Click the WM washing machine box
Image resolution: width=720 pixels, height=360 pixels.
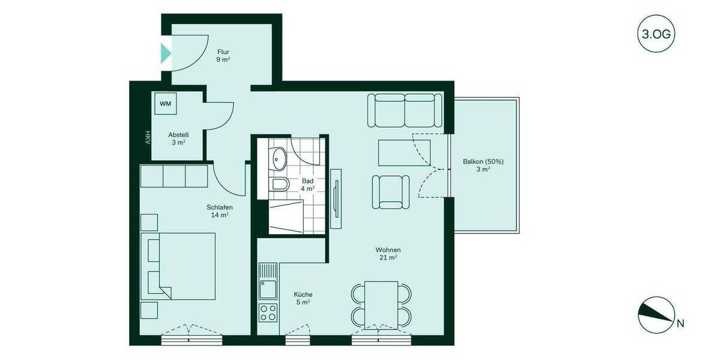pyautogui.click(x=165, y=104)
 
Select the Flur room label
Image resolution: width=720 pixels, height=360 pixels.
pyautogui.click(x=223, y=56)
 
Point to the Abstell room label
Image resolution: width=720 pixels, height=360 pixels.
pyautogui.click(x=179, y=139)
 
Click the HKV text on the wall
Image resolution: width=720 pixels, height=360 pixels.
pyautogui.click(x=146, y=137)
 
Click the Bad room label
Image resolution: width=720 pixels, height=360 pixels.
pyautogui.click(x=308, y=184)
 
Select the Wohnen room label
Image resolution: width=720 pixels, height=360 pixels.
pyautogui.click(x=388, y=254)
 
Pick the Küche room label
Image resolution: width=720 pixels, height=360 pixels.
pyautogui.click(x=303, y=298)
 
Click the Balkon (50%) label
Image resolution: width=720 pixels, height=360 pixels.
pyautogui.click(x=483, y=165)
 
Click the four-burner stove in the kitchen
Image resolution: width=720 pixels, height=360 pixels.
pyautogui.click(x=268, y=313)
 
